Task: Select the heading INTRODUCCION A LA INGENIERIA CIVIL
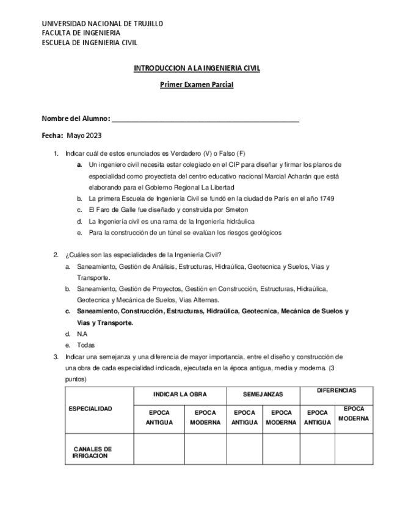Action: pos(197,68)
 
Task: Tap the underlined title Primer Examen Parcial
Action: pos(197,85)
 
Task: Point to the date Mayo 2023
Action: pos(85,135)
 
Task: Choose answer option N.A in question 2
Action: pos(82,334)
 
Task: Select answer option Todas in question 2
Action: pos(86,345)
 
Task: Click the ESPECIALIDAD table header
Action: pos(90,409)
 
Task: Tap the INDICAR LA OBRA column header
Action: pos(180,395)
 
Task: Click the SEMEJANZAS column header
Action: pos(263,395)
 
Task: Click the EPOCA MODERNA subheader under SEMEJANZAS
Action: pos(281,417)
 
